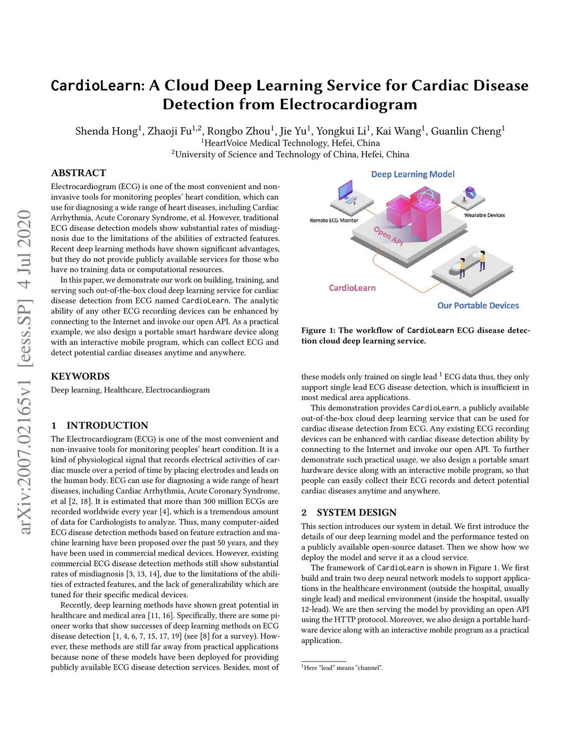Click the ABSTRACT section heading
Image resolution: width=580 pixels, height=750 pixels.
[x=78, y=173]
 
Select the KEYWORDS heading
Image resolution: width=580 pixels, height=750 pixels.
[x=80, y=376]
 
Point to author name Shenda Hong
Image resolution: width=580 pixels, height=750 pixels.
[x=106, y=131]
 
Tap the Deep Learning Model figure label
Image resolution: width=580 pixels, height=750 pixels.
[x=412, y=174]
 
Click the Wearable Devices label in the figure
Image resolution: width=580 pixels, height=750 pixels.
[x=484, y=215]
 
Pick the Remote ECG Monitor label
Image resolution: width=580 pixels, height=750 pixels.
[x=334, y=220]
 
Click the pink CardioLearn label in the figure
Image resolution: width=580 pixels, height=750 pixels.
[x=352, y=288]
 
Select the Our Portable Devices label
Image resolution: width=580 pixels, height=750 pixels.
[x=477, y=306]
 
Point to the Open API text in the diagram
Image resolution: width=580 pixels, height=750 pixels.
[x=389, y=235]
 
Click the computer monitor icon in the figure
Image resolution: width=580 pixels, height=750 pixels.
[x=346, y=192]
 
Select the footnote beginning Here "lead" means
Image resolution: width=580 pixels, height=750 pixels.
[x=342, y=668]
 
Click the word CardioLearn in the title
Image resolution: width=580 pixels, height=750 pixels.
[x=96, y=85]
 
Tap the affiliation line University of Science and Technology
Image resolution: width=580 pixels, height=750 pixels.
[x=290, y=154]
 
